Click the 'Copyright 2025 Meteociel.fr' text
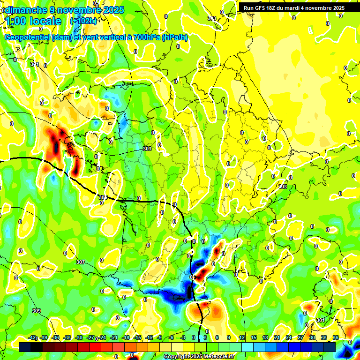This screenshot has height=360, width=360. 199,357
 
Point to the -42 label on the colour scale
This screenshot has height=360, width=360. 32,337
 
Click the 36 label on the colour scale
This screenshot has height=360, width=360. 335,337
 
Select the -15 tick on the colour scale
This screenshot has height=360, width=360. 137,337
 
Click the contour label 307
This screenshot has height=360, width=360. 81,262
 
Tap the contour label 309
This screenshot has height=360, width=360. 37,311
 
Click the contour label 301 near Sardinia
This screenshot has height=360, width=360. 320,320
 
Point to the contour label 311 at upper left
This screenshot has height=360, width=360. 34,64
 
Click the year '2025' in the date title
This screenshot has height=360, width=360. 114,10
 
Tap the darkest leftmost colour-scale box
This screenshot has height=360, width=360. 25,347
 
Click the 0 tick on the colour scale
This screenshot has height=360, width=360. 194,337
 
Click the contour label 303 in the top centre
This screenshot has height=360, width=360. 212,18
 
